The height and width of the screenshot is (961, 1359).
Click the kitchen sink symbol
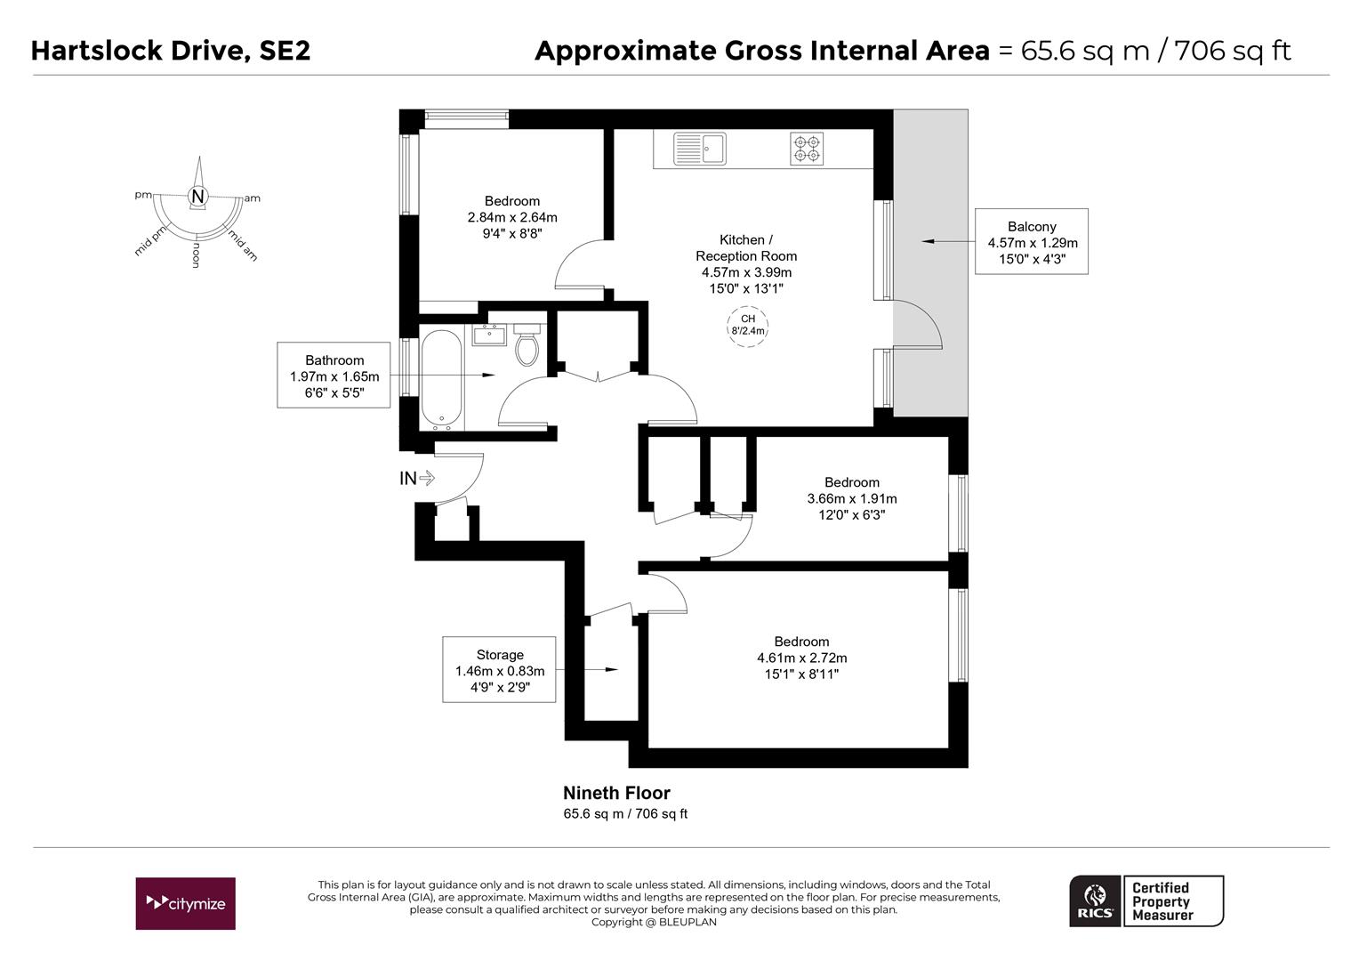pyautogui.click(x=699, y=149)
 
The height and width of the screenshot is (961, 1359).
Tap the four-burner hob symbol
pyautogui.click(x=806, y=149)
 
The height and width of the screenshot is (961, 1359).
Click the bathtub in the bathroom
pyautogui.click(x=441, y=380)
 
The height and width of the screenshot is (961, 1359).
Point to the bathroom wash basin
pyautogui.click(x=489, y=335)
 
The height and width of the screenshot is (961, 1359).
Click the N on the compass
pyautogui.click(x=198, y=196)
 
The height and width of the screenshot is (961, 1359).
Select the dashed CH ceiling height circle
pyautogui.click(x=747, y=325)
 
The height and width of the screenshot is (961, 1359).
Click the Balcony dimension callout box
pyautogui.click(x=1032, y=242)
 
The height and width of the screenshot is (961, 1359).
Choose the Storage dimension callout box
pyautogui.click(x=499, y=670)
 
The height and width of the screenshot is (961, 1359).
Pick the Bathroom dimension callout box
pyautogui.click(x=334, y=376)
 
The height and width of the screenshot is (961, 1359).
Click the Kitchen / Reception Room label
pyautogui.click(x=746, y=247)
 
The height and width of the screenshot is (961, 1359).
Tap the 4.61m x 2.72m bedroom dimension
pyautogui.click(x=801, y=658)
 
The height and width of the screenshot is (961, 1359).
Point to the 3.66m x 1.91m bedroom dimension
pyautogui.click(x=851, y=498)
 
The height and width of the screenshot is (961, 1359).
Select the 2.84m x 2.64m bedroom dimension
pyautogui.click(x=512, y=217)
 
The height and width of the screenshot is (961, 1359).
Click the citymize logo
pyautogui.click(x=186, y=903)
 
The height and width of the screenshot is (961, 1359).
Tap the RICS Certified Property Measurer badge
pyautogui.click(x=1146, y=901)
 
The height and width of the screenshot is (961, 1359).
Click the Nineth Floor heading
pyautogui.click(x=616, y=793)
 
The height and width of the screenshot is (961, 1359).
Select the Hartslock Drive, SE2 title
pyautogui.click(x=171, y=51)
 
